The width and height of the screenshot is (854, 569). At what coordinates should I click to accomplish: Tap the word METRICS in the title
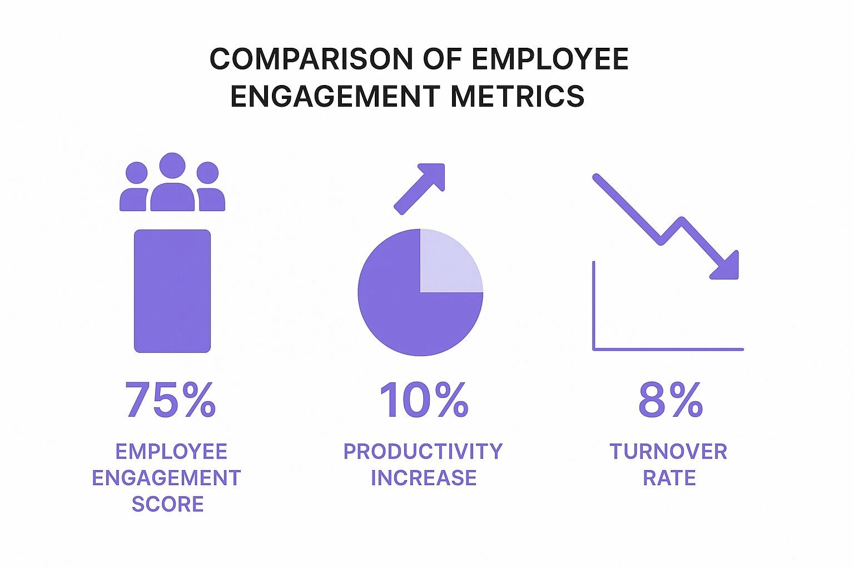point(517,96)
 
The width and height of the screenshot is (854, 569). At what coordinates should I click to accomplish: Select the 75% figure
point(170,400)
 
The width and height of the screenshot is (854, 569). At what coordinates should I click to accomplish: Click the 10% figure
point(423,400)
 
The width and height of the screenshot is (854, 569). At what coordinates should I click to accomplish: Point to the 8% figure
point(670,400)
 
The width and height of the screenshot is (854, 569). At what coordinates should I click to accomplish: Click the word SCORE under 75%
point(167,504)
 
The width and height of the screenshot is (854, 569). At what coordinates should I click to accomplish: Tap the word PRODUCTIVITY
point(423,451)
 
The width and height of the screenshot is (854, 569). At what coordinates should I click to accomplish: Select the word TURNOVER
point(668,451)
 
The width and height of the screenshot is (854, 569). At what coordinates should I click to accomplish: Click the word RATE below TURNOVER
point(669,478)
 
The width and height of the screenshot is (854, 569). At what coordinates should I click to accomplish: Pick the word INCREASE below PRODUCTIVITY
point(423,478)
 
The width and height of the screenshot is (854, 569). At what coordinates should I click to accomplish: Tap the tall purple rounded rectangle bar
point(172,291)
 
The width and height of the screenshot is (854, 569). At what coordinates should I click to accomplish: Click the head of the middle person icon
point(172,166)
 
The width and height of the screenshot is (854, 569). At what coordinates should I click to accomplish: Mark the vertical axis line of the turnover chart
point(594,306)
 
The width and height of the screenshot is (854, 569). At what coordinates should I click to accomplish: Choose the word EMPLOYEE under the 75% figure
point(171,451)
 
